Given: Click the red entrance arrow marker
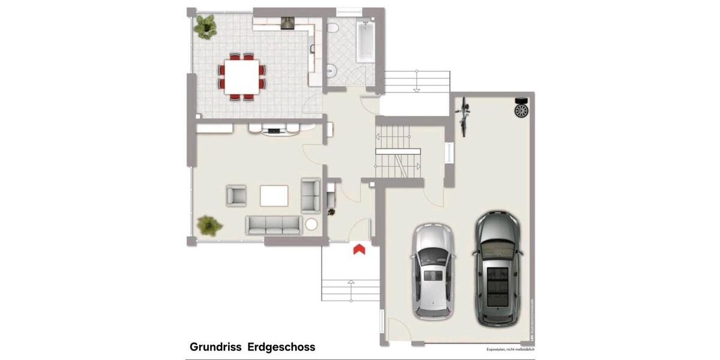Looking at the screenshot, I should click(x=359, y=249).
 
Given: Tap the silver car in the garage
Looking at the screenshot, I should click(x=433, y=271).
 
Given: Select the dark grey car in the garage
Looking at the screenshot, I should click(x=498, y=268).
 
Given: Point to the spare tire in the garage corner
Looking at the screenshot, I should click(x=521, y=110).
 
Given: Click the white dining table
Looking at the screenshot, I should click(x=242, y=76).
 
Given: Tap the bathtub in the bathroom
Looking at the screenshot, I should click(x=365, y=42).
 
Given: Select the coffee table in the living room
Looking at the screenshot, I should click(x=274, y=196).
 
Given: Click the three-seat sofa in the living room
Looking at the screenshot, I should click(x=274, y=225).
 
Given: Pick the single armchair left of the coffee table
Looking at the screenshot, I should click(x=236, y=196).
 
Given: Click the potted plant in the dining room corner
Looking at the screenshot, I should click(x=205, y=27).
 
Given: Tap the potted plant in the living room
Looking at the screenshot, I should click(x=209, y=225).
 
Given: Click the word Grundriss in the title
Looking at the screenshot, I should click(x=215, y=347).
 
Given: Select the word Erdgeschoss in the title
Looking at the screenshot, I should click(x=281, y=347).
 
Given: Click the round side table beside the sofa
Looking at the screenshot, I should click(x=312, y=225).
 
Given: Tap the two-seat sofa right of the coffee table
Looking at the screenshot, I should click(x=311, y=196).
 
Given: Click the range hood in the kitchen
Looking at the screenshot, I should click(x=289, y=23).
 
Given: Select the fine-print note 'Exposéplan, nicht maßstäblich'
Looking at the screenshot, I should click(x=510, y=349).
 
